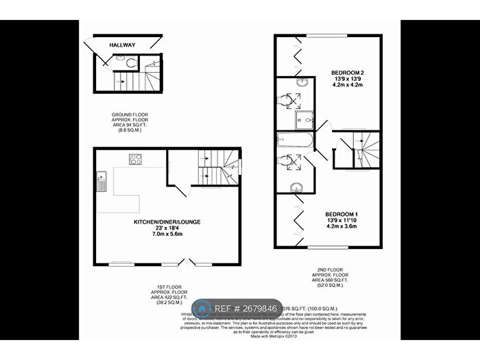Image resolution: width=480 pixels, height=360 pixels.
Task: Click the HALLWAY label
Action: [x=123, y=45]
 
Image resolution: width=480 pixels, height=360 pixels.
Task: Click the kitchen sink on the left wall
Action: [x=101, y=180]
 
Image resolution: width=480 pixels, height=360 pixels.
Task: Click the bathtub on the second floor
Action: [x=293, y=142]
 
